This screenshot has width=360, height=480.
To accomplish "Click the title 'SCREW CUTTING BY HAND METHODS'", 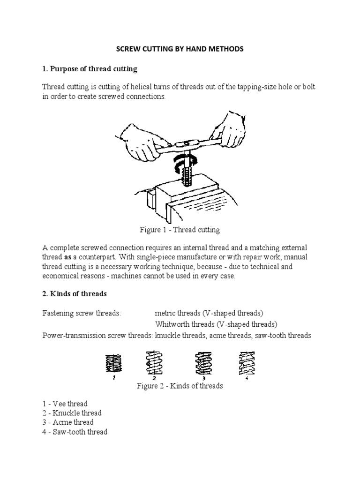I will click(180, 49).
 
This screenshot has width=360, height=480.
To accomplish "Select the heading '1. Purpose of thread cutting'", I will click(90, 68).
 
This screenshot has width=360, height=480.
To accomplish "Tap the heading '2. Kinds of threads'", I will click(75, 293).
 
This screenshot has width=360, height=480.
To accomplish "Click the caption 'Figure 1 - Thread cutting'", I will click(180, 230).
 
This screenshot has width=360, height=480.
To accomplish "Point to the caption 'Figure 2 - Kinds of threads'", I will click(180, 386).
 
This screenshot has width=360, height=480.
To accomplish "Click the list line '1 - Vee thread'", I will click(65, 404).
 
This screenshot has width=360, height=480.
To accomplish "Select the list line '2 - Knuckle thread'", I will click(72, 413).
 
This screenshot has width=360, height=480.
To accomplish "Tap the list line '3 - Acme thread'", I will click(67, 422).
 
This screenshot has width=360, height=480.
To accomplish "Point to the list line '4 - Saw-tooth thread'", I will click(75, 432).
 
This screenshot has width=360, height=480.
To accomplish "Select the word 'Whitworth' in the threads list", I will click(171, 324).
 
